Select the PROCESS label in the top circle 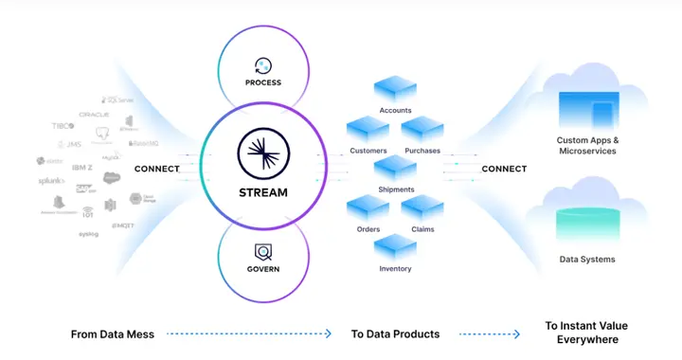pos(263,82)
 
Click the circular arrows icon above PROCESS pos(263,64)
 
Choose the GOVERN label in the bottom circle pos(263,268)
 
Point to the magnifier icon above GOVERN pos(263,251)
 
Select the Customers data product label pos(368,150)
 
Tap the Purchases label pos(422,150)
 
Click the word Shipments pos(396,189)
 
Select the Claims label pos(422,228)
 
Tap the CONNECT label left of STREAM pos(157,170)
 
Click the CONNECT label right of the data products pos(504,170)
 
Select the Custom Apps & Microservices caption pos(587,145)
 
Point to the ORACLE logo pos(95,115)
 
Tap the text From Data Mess pos(112,333)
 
